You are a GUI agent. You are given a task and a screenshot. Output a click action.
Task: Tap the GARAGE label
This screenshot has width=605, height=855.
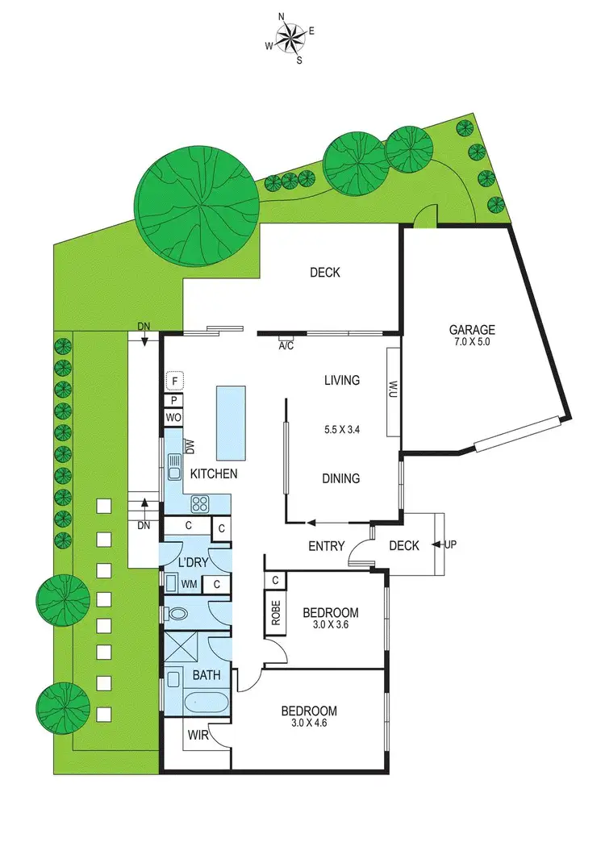[x=472, y=329]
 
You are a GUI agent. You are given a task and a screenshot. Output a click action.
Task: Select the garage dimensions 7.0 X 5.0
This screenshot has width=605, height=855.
[x=472, y=342]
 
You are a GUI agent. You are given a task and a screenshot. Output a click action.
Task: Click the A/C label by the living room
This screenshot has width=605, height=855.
[x=286, y=346]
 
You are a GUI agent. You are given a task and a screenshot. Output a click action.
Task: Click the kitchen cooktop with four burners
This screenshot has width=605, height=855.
[x=200, y=504]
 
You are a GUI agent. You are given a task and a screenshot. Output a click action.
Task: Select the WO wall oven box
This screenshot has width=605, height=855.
[x=173, y=418]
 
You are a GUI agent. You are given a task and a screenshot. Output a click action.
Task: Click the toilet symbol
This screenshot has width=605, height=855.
[x=177, y=613]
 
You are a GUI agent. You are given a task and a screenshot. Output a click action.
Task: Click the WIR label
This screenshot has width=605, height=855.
[x=198, y=736]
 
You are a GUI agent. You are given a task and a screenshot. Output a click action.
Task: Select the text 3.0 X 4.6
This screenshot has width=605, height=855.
[x=308, y=724]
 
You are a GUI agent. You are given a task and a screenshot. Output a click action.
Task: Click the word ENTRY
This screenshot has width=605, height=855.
[x=327, y=546]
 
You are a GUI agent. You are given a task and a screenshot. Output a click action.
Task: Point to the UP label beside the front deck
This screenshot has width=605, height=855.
[x=450, y=544]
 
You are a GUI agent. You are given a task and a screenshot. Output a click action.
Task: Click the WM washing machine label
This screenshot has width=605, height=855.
[x=189, y=584]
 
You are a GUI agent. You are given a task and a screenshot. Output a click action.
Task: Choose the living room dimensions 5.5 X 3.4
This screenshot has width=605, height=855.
[x=341, y=429]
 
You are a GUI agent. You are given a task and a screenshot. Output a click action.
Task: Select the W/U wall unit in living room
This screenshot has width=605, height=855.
[x=394, y=390]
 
